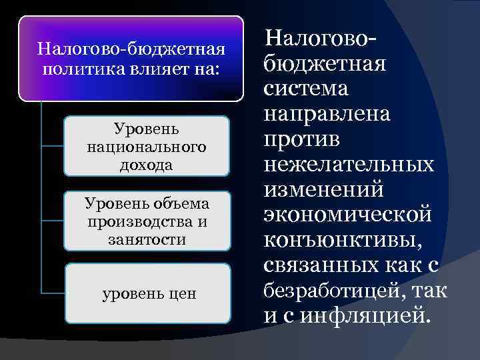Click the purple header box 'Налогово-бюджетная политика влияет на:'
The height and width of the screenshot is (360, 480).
tap(131, 59)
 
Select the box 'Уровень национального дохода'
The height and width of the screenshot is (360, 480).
tap(147, 145)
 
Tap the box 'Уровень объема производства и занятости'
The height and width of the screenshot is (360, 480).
tap(147, 221)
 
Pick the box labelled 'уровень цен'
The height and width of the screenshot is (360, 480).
tap(147, 293)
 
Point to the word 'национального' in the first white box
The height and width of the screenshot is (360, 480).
tap(147, 146)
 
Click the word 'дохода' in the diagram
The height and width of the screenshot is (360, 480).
tap(147, 164)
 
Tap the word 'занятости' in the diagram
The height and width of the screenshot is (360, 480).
tap(147, 239)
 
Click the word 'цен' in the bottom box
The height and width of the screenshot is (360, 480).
tap(181, 293)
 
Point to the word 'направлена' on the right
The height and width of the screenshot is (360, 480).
tap(327, 114)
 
